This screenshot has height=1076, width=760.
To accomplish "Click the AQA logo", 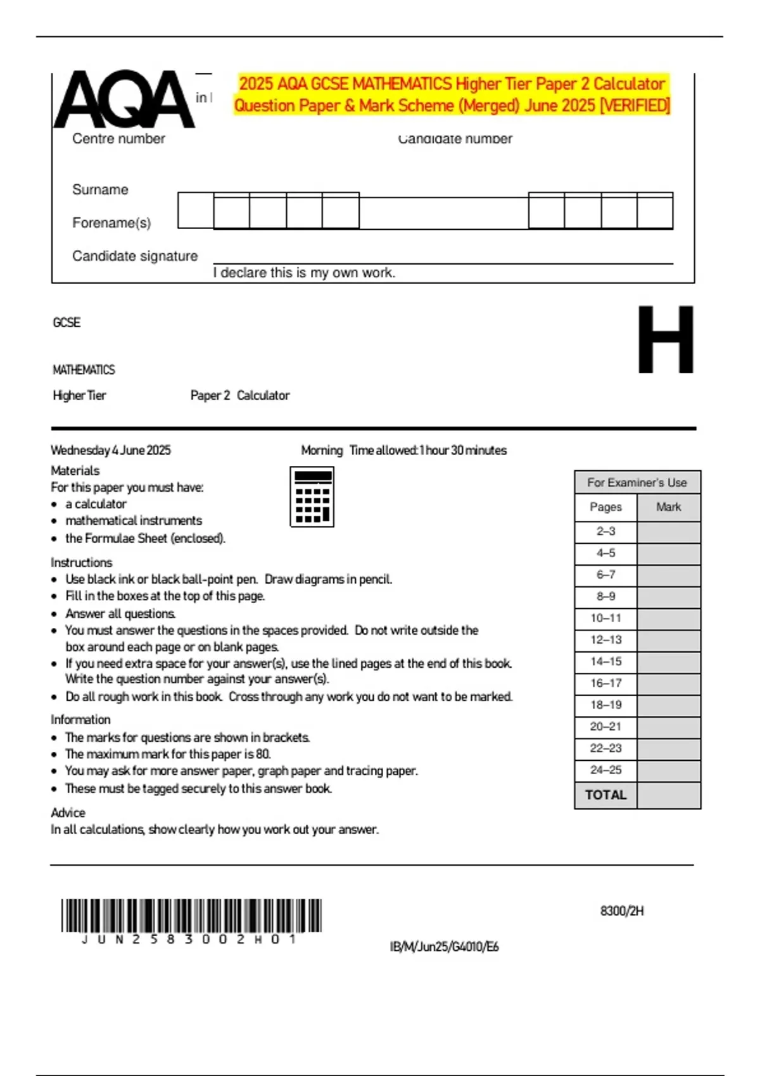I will tap(123, 99).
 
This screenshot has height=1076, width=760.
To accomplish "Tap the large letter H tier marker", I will tap(665, 340).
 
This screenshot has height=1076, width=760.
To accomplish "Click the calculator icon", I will tap(312, 497).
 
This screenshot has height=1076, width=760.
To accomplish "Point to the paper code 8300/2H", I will tap(622, 911).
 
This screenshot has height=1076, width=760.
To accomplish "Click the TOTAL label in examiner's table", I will tap(605, 795).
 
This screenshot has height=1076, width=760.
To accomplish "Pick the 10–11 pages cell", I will tap(605, 618).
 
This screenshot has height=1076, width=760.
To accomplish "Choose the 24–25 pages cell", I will tap(605, 770).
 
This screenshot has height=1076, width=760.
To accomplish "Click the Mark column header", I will tap(668, 507).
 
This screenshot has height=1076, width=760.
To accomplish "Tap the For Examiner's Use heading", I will tap(636, 482).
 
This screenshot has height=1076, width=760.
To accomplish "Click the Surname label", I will tap(100, 189).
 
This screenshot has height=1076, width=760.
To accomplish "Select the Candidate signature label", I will tap(135, 256).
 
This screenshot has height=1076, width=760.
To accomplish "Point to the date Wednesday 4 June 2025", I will tap(111, 450).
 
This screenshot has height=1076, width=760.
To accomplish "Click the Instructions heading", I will tap(81, 562).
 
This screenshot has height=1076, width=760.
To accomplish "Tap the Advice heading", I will tap(68, 812).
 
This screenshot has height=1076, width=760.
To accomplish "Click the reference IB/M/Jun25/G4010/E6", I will tap(444, 947).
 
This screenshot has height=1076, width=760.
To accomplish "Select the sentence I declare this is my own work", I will tap(304, 273).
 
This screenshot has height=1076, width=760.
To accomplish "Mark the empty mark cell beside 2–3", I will tap(668, 532).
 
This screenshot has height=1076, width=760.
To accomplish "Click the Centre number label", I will tap(118, 139).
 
